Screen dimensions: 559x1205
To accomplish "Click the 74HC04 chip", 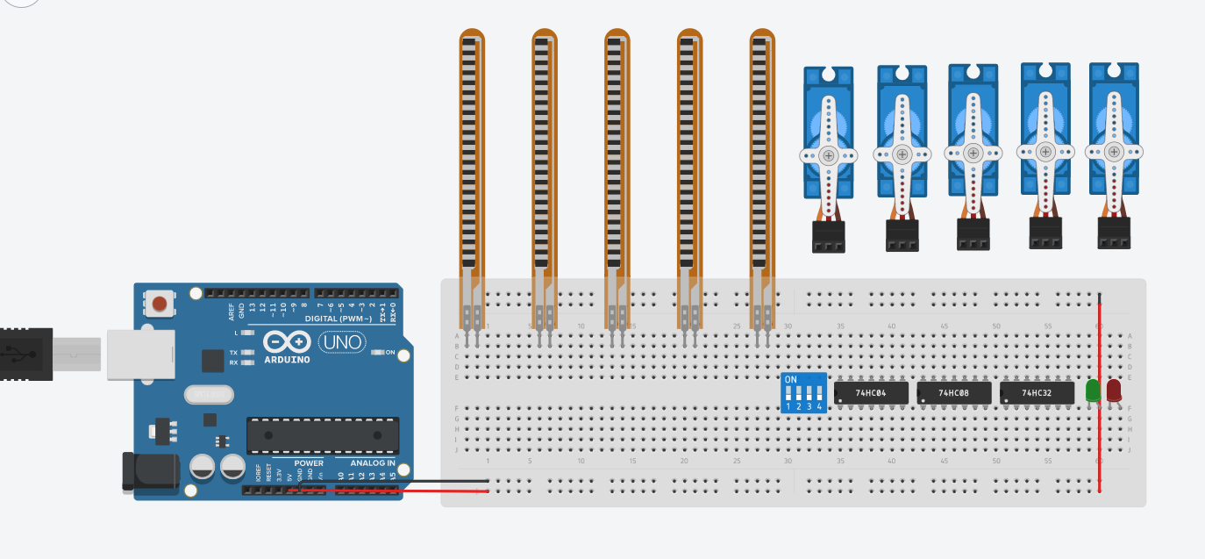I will (870, 393).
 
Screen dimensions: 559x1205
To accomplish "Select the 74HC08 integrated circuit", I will (953, 393).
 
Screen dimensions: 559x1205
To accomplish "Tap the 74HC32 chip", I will (1036, 393).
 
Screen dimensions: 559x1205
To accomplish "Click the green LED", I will (1093, 391).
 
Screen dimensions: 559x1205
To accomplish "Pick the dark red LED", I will (1114, 391).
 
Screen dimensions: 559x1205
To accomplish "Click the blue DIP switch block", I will (803, 393).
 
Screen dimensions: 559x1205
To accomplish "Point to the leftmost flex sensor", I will (472, 158).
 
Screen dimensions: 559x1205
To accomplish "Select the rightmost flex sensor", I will (762, 158).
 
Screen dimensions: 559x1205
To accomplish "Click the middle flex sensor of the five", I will (617, 158).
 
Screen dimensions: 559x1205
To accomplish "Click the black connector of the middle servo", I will (973, 234).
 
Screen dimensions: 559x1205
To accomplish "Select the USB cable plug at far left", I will (26, 354).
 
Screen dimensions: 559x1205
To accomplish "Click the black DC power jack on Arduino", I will (149, 472).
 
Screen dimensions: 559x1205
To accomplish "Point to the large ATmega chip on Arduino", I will (322, 435).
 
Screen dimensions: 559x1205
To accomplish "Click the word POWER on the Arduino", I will (309, 462).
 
